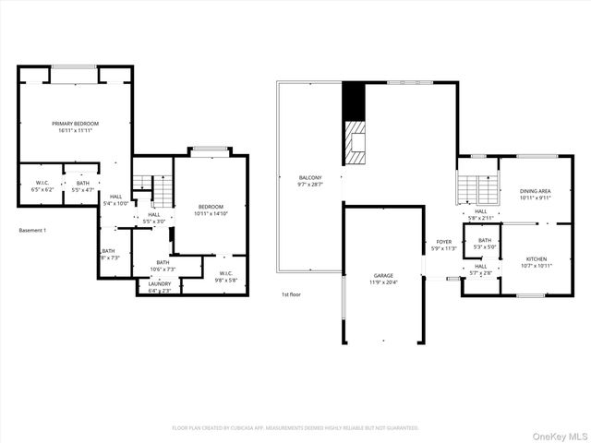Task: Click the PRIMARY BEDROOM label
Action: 76,123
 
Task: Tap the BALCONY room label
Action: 309,177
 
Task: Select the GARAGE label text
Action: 384,275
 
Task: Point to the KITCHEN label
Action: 537,258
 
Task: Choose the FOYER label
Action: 444,242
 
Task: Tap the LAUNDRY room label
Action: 160,284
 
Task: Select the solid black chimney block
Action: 354,99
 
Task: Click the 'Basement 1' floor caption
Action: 31,230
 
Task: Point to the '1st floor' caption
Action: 293,294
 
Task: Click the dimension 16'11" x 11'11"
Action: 76,130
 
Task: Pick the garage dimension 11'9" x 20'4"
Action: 384,282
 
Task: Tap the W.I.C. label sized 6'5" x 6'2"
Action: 42,183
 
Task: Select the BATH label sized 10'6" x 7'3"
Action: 163,263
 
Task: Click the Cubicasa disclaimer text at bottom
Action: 295,428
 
